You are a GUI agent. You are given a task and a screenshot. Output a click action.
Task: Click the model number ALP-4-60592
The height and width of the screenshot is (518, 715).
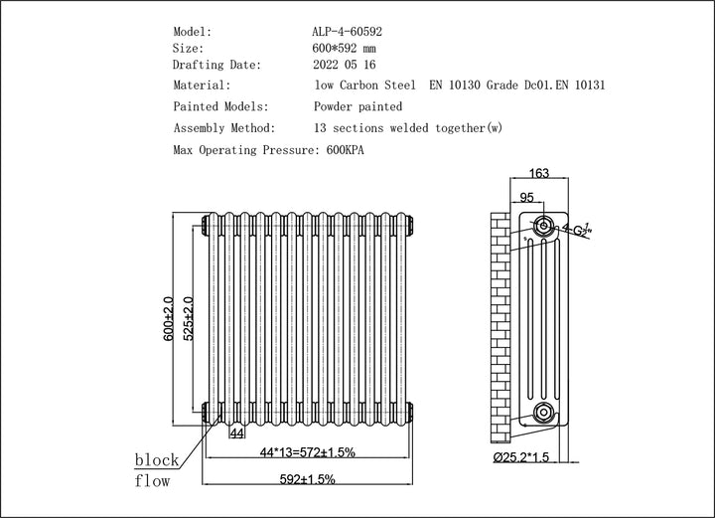(348, 31)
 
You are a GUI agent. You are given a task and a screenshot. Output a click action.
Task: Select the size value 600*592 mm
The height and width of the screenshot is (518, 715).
(345, 48)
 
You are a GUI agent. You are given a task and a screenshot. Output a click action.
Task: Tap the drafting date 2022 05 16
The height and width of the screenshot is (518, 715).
(346, 65)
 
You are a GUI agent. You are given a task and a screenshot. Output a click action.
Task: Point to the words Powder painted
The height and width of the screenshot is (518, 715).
(357, 106)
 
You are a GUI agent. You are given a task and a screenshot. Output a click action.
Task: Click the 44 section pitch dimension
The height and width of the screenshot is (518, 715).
(236, 433)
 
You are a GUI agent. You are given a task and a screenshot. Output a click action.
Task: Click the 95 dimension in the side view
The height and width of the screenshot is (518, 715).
(527, 198)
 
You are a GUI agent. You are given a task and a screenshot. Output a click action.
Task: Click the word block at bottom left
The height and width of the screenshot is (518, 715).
(157, 460)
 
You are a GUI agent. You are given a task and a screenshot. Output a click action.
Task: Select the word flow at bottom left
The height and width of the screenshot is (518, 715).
(152, 481)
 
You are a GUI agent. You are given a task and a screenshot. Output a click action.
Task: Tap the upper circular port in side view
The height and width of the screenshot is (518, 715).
(543, 227)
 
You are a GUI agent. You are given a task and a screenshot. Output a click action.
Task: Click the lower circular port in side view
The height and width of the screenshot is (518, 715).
(542, 413)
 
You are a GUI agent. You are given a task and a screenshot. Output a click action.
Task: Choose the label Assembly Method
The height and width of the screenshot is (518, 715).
(225, 128)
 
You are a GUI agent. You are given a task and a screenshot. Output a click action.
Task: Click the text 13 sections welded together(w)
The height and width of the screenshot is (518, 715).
(407, 128)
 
